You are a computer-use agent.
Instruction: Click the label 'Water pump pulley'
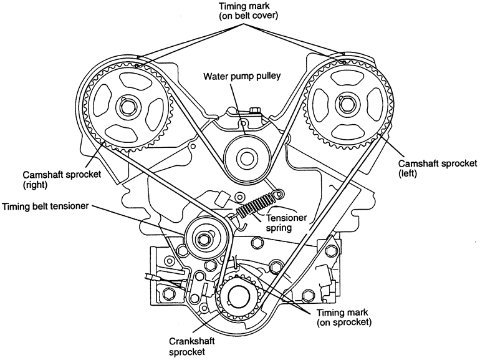pyautogui.click(x=243, y=77)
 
